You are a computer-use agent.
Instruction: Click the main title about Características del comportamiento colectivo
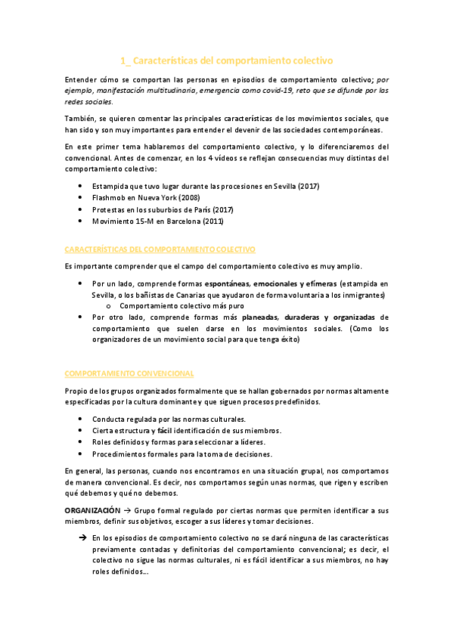click(226, 60)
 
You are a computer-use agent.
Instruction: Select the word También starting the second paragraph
click(79, 119)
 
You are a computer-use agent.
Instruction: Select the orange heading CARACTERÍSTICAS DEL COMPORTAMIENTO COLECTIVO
click(160, 249)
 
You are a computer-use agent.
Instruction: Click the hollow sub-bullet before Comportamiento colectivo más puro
click(110, 305)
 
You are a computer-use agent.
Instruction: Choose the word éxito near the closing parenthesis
click(285, 340)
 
